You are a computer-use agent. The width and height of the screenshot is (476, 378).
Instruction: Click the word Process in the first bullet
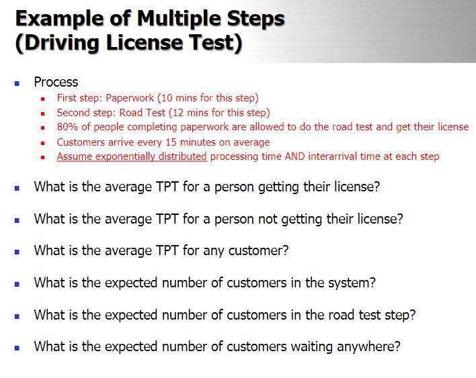[x=56, y=82]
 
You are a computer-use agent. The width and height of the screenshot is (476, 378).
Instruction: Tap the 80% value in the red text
[x=67, y=127]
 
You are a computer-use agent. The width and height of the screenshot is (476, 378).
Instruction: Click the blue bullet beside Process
[x=17, y=83]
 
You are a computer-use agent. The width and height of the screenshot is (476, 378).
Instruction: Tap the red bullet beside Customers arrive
[x=42, y=143]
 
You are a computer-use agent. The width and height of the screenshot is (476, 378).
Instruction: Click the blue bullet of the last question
[x=17, y=348]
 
